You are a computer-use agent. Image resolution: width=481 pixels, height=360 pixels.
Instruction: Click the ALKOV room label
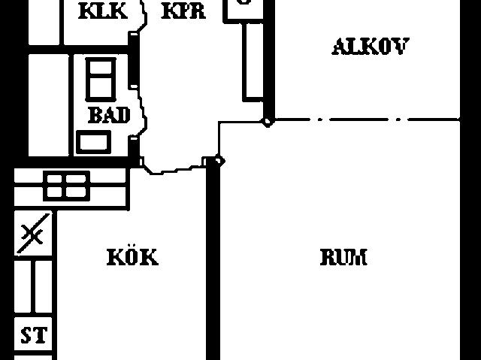tap(371, 47)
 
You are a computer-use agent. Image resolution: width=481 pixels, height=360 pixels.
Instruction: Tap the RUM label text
tap(343, 257)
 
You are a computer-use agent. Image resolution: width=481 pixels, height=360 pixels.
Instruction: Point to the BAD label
tap(109, 115)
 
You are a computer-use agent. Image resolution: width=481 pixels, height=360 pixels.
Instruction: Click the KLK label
tap(103, 11)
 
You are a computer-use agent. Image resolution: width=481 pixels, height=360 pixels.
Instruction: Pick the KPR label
tap(183, 11)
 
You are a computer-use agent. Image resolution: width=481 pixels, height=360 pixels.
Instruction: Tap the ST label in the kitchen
tap(34, 335)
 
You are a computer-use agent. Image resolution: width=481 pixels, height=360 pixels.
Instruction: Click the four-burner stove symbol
tap(67, 186)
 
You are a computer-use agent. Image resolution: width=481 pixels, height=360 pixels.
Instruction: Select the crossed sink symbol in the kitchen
tap(33, 234)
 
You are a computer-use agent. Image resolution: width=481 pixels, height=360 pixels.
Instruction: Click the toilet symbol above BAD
tap(101, 80)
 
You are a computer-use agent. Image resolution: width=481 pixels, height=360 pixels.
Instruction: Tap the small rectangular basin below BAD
tap(93, 142)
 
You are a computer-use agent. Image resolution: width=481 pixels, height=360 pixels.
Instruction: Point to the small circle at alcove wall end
tap(268, 122)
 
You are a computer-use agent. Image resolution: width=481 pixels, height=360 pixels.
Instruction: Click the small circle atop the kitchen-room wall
tap(219, 160)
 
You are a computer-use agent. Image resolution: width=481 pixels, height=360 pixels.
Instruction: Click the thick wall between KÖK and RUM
tap(213, 260)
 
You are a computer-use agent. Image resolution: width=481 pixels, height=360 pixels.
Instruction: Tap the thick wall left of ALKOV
tap(269, 60)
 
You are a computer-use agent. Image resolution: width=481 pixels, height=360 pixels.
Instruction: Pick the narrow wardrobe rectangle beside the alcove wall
tap(253, 62)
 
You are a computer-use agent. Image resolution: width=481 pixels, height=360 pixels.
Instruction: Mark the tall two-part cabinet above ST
tap(33, 286)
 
